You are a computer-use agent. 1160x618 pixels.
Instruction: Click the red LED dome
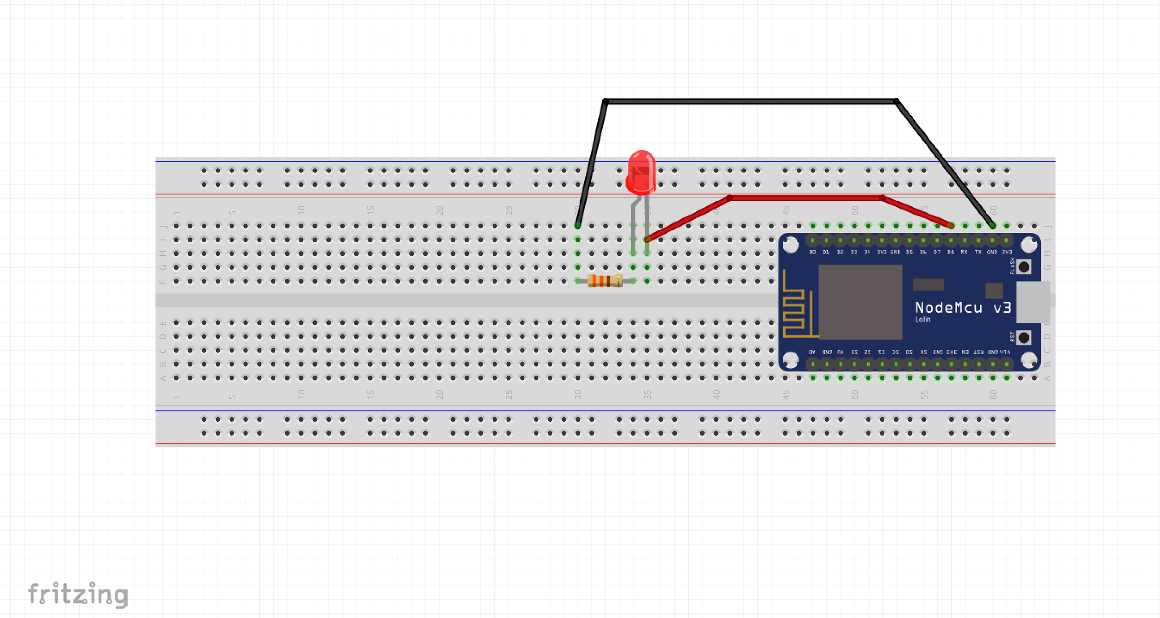[x=641, y=172]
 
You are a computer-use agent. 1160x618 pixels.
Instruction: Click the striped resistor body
[x=605, y=281]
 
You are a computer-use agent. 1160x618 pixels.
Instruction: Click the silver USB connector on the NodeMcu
[x=1033, y=302]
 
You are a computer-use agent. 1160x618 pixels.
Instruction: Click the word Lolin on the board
[x=923, y=320]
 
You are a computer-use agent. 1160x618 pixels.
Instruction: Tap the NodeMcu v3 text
[x=963, y=308]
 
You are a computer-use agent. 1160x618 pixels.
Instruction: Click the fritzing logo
[x=78, y=594]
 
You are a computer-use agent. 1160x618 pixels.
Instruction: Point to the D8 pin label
[x=951, y=252]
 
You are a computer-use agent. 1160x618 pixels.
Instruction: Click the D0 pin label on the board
[x=812, y=252]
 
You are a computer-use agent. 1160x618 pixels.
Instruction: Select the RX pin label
[x=964, y=252]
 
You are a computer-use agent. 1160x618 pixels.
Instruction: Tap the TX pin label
[x=978, y=252]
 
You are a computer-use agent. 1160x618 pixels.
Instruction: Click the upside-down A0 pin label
[x=812, y=352]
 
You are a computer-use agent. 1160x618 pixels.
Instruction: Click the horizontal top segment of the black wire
[x=749, y=101]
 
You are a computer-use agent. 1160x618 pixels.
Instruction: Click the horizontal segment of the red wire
[x=805, y=198]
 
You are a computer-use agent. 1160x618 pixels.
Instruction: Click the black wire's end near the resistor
[x=578, y=225]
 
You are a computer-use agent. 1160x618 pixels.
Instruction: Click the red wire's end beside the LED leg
[x=648, y=239]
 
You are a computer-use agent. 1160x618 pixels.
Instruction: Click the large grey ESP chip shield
[x=860, y=302]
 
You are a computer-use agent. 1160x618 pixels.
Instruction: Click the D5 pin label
[x=909, y=252]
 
